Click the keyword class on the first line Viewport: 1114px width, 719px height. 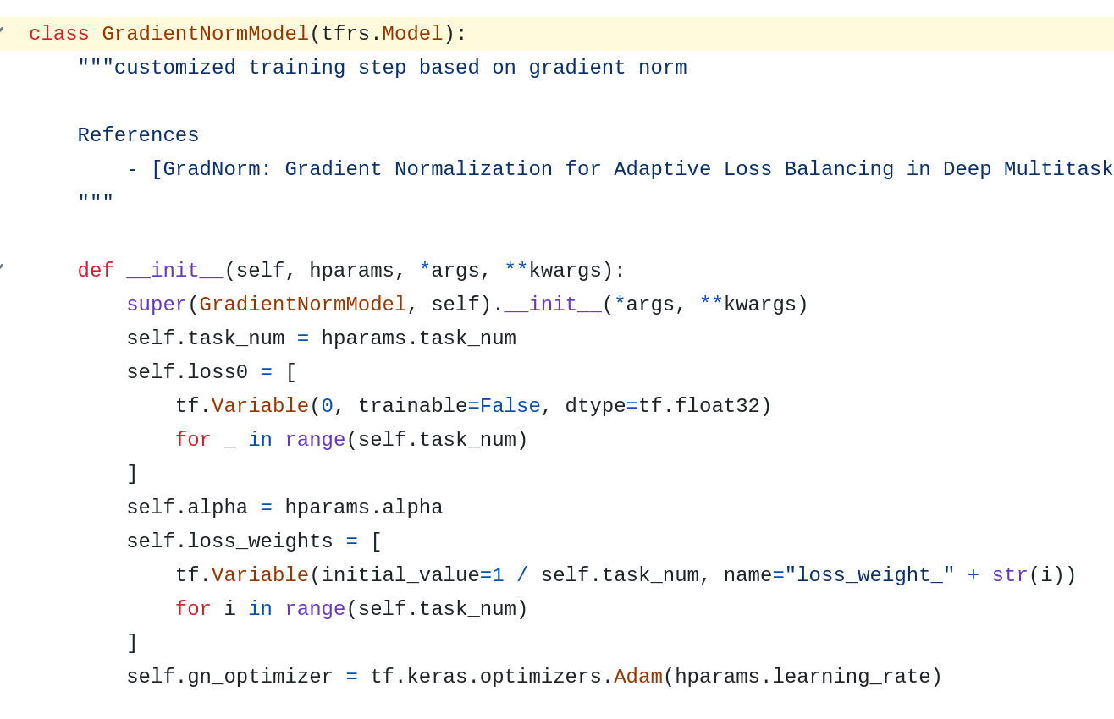point(58,34)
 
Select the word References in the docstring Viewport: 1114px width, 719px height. point(138,135)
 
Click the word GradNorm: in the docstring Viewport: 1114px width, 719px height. point(211,169)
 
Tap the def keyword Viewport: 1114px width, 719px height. point(95,271)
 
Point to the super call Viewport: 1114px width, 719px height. point(156,305)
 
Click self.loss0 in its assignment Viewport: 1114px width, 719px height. point(186,372)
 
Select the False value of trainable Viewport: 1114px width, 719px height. point(510,406)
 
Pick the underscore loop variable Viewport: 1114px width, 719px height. point(229,440)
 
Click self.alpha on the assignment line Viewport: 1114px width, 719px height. point(186,508)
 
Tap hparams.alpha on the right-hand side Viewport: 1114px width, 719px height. point(363,508)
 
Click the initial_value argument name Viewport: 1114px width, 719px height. point(400,575)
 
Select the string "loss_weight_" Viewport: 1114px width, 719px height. point(869,575)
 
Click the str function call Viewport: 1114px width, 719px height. point(1009,575)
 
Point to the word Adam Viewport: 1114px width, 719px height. point(637,677)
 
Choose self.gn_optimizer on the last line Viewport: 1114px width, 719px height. point(229,677)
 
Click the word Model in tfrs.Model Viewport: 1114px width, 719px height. point(412,34)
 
